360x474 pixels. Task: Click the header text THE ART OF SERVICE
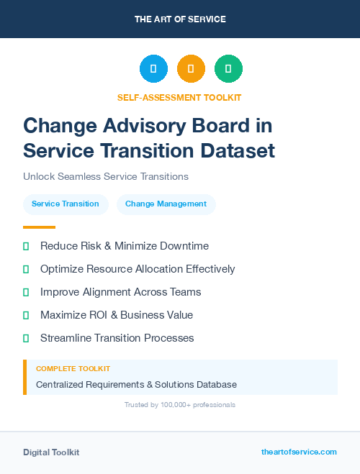180,19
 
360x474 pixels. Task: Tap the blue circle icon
153,69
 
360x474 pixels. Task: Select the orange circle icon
191,69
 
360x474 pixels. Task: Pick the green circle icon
228,69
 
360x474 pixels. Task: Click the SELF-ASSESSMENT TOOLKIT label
180,97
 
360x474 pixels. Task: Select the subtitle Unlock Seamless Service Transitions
106,176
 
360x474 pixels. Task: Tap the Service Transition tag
66,204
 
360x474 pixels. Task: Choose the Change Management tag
166,204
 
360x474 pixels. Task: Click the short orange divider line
39,227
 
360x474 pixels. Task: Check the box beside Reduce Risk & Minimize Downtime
26,246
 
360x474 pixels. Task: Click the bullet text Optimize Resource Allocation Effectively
138,269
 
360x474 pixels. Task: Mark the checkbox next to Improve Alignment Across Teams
26,292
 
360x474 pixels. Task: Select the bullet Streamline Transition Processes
117,338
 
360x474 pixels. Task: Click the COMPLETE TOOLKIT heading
73,369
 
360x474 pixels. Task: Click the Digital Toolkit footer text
51,452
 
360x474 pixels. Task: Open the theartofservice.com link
299,452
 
